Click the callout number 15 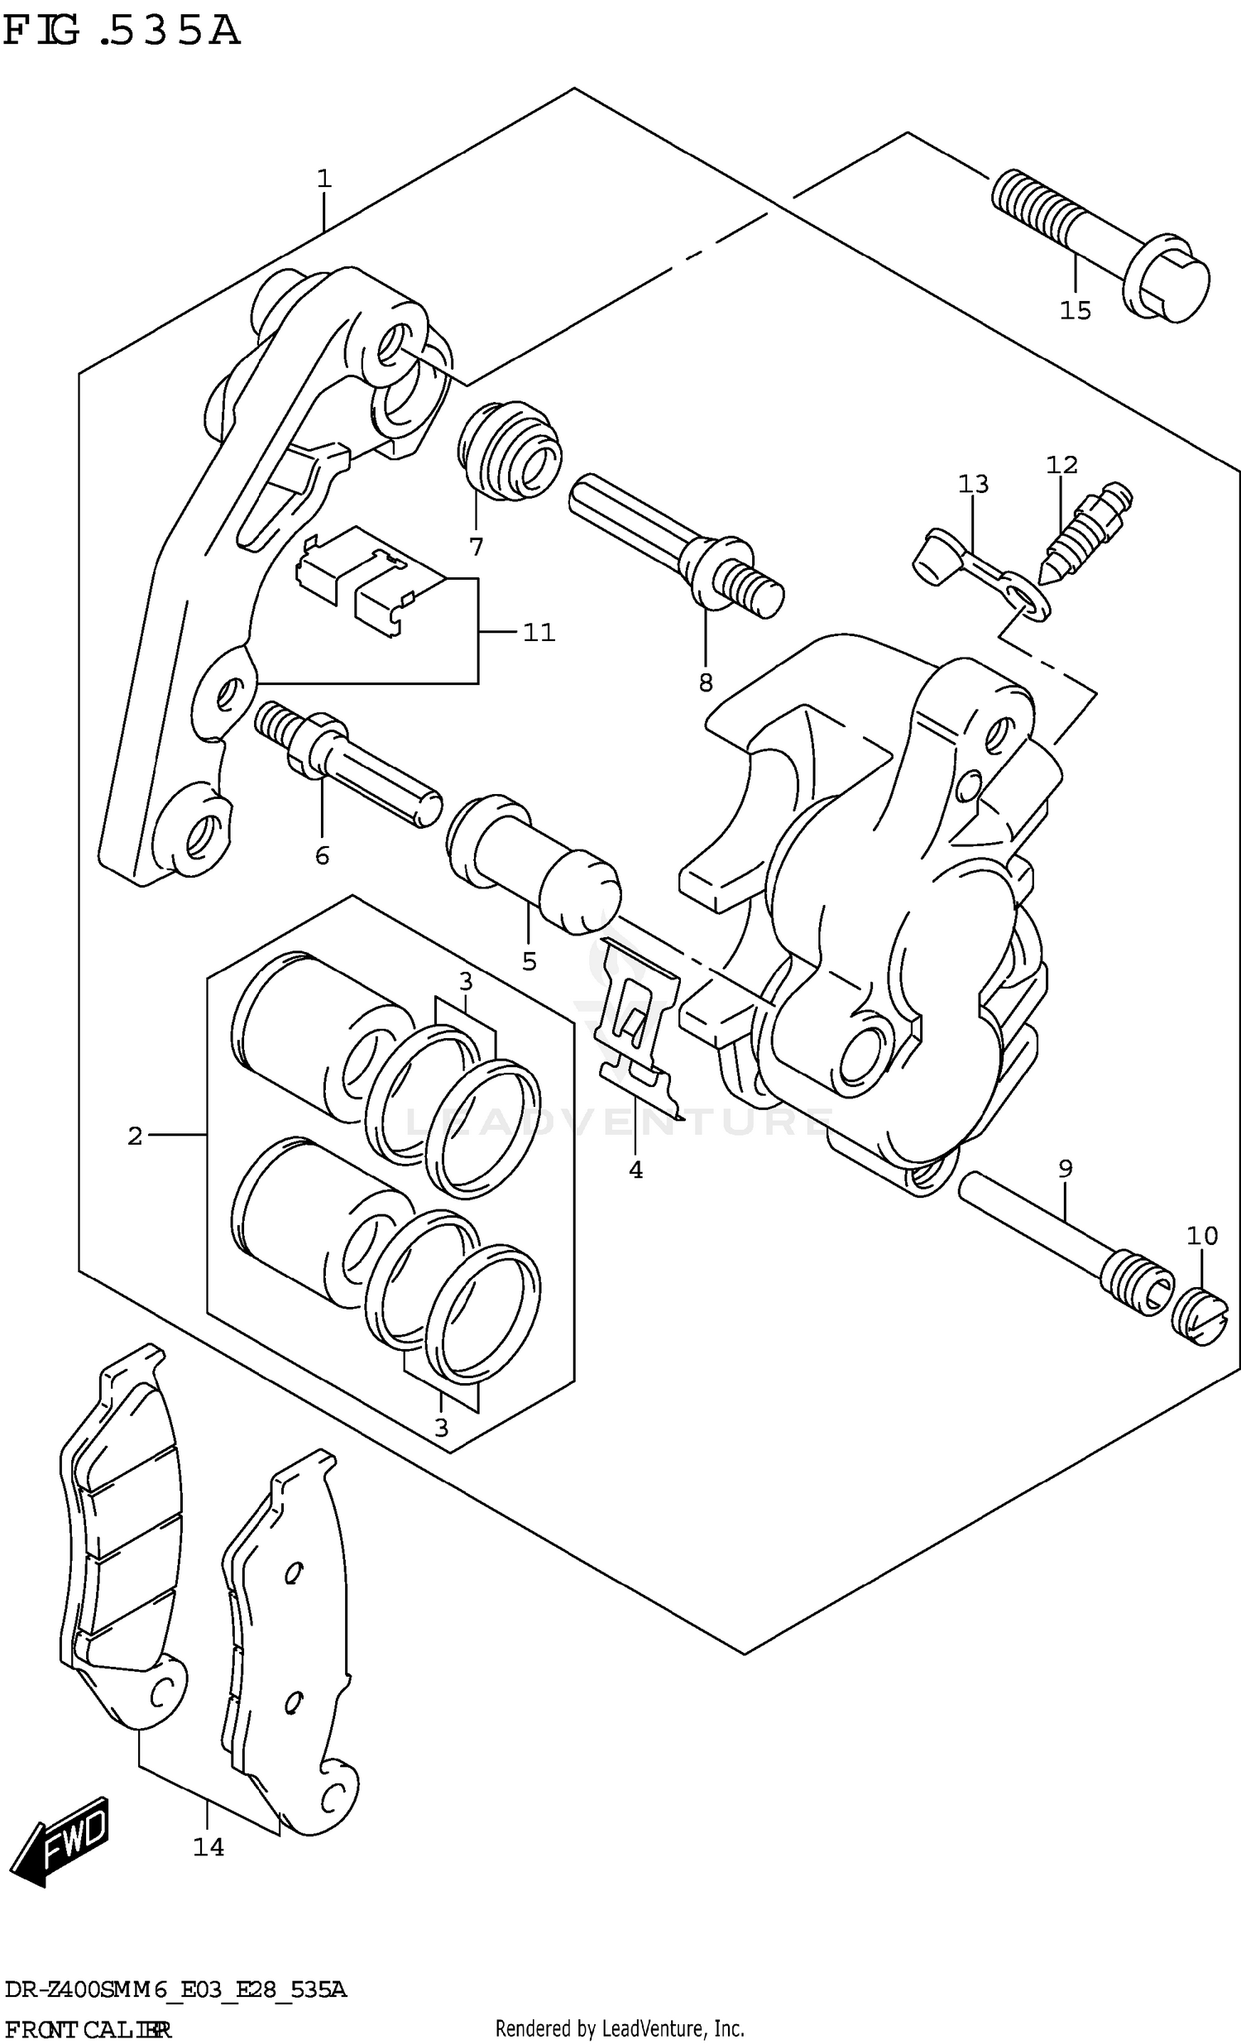(1075, 310)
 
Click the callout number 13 (973, 484)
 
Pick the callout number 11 (539, 633)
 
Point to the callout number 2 (135, 1136)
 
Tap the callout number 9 (1065, 1169)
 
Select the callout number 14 (208, 1846)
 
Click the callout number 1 (323, 179)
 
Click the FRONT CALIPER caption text (87, 2030)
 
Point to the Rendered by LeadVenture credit (620, 2029)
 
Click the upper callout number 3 (465, 981)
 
